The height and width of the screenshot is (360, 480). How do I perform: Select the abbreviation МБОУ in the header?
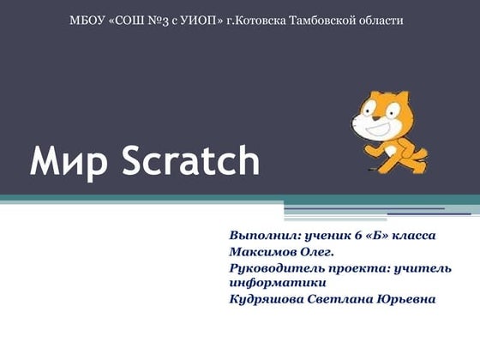(x=87, y=19)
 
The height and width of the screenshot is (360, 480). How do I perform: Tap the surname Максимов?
(x=262, y=252)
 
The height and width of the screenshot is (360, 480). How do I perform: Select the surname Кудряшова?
(x=267, y=299)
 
